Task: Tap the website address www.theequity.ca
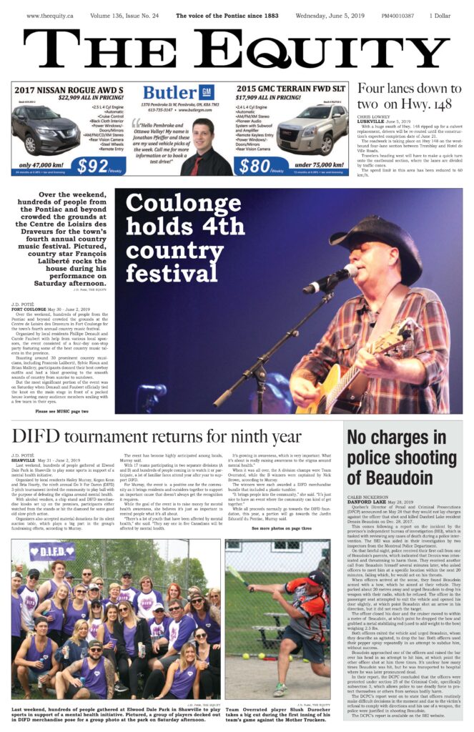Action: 51,15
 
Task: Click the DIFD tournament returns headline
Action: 157,436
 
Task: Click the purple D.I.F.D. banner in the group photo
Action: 52,551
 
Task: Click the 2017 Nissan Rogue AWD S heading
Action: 59,88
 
